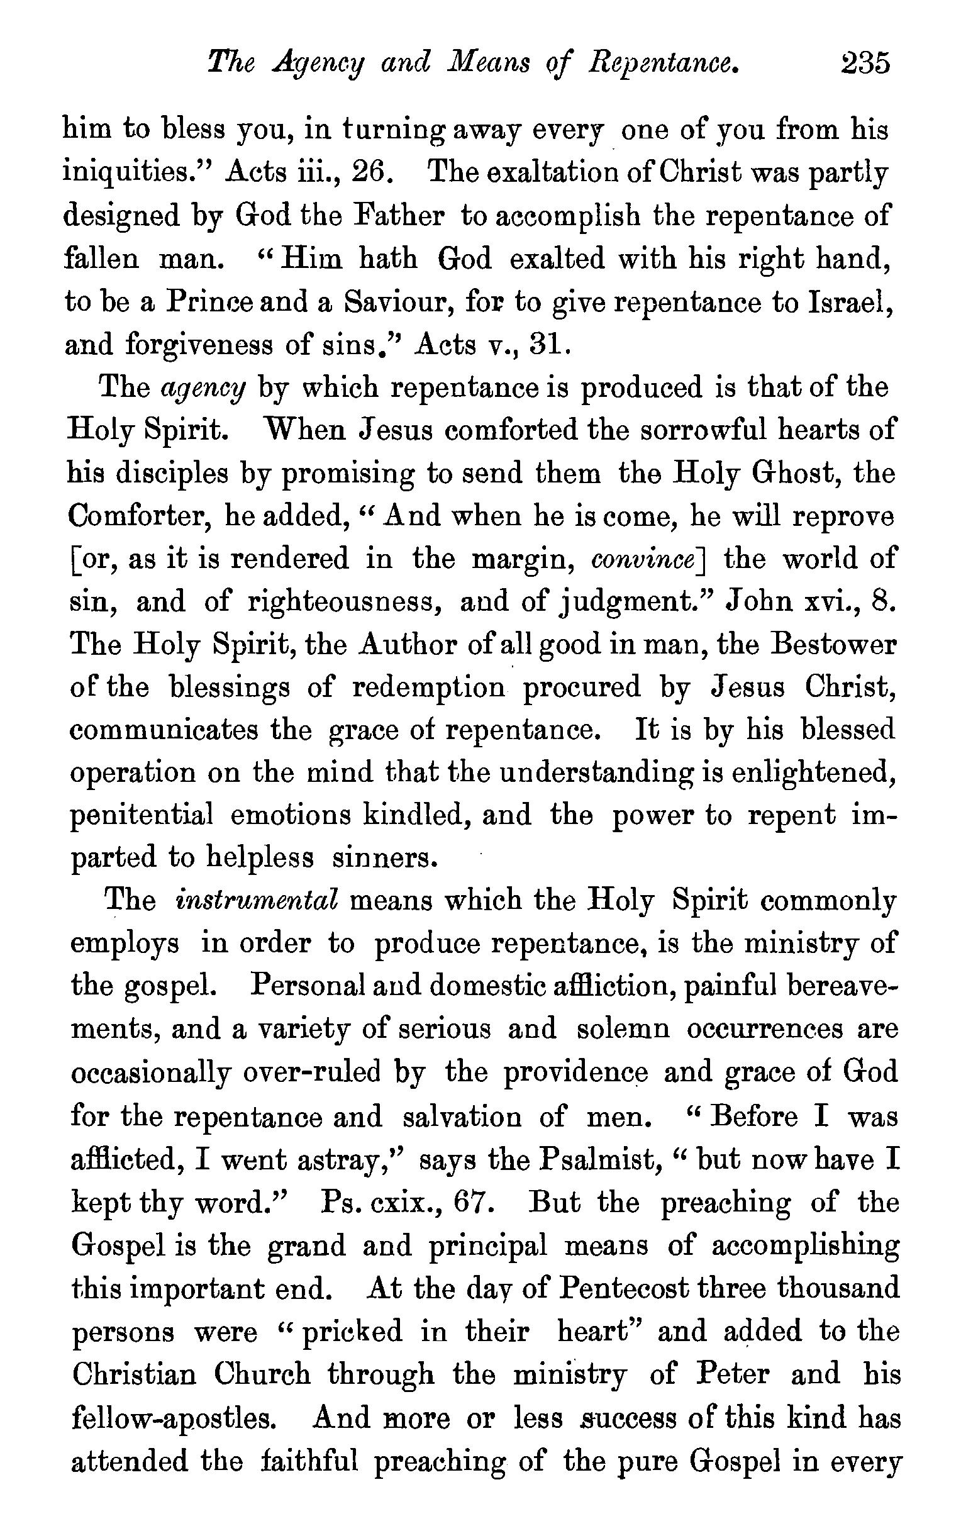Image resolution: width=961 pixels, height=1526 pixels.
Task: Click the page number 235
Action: coord(865,64)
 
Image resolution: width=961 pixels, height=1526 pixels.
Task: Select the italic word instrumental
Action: coord(258,901)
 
